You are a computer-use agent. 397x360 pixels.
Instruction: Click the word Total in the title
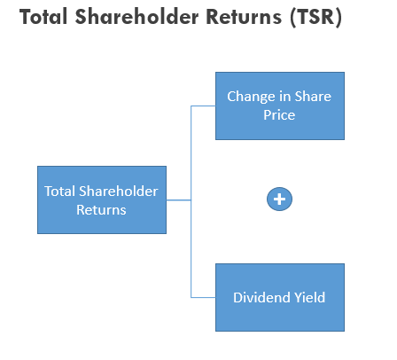pyautogui.click(x=43, y=17)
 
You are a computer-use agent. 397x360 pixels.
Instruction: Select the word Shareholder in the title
pyautogui.click(x=136, y=17)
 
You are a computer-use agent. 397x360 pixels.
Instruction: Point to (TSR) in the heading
pyautogui.click(x=316, y=17)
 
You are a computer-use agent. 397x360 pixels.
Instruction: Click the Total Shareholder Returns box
pyautogui.click(x=102, y=200)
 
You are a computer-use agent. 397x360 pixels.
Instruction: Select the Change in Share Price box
pyautogui.click(x=280, y=106)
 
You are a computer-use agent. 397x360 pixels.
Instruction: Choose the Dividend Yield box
pyautogui.click(x=280, y=297)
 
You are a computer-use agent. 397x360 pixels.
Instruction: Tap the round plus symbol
pyautogui.click(x=279, y=199)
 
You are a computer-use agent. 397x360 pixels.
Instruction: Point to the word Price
pyautogui.click(x=279, y=115)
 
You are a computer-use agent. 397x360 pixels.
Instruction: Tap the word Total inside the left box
pyautogui.click(x=60, y=192)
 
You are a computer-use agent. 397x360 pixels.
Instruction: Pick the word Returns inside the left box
pyautogui.click(x=101, y=210)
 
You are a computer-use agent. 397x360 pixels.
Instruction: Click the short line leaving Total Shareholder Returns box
pyautogui.click(x=179, y=200)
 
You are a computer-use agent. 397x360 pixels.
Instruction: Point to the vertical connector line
pyautogui.click(x=191, y=201)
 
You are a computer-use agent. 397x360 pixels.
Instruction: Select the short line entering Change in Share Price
pyautogui.click(x=203, y=106)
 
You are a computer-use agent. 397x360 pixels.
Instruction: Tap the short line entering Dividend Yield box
pyautogui.click(x=203, y=297)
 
